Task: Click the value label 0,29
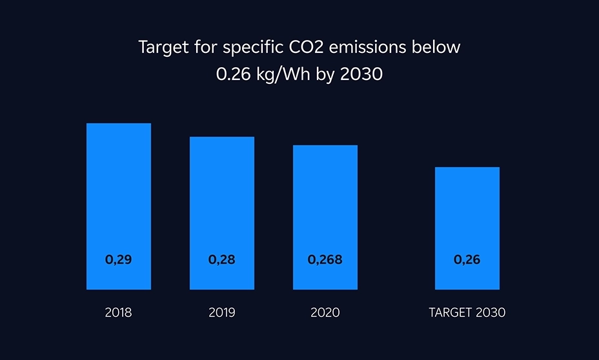click(x=118, y=261)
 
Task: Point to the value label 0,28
click(x=221, y=261)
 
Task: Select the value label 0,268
click(x=325, y=261)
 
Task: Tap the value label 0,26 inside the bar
click(x=467, y=261)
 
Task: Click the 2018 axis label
click(x=118, y=313)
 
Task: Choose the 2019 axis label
click(x=221, y=313)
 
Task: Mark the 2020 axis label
click(x=325, y=313)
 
